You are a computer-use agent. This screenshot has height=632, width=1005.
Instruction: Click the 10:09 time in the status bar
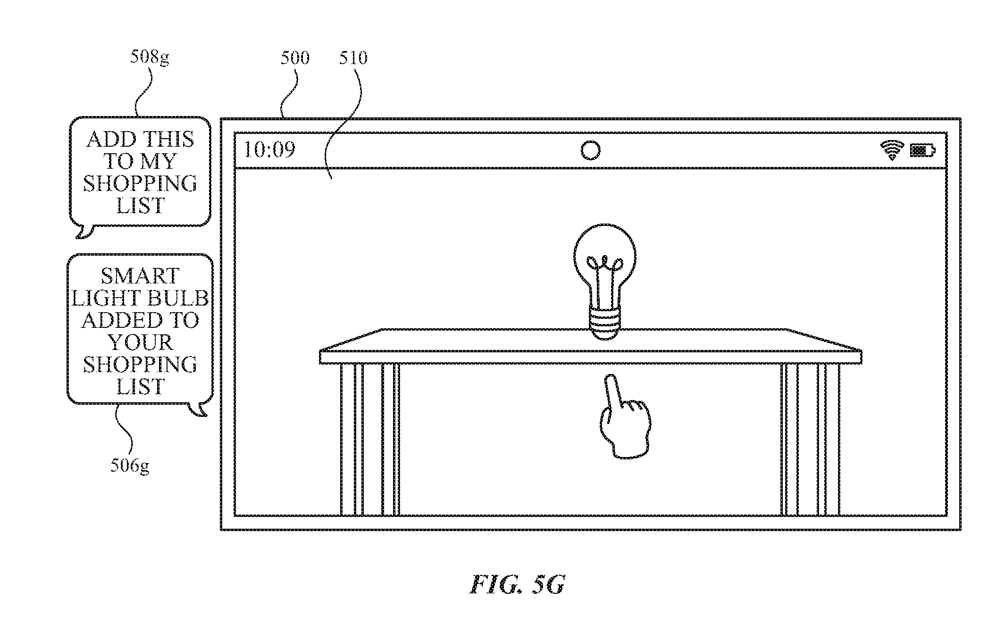pyautogui.click(x=269, y=150)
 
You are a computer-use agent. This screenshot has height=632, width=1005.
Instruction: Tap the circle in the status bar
pyautogui.click(x=590, y=150)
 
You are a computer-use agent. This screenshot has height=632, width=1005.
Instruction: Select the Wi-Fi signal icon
pyautogui.click(x=892, y=150)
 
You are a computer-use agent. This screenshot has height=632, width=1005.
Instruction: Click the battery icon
pyautogui.click(x=923, y=151)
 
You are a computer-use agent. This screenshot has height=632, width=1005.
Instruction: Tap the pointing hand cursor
pyautogui.click(x=624, y=416)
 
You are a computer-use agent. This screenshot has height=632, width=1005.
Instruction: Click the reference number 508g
pyautogui.click(x=150, y=57)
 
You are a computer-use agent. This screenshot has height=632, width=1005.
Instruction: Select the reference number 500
pyautogui.click(x=295, y=58)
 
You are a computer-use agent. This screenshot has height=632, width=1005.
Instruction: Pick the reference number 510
pyautogui.click(x=353, y=58)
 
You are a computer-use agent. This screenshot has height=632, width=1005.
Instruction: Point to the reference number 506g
pyautogui.click(x=130, y=466)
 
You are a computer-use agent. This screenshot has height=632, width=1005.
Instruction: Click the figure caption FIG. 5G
pyautogui.click(x=517, y=584)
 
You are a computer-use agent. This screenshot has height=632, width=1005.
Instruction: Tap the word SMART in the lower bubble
pyautogui.click(x=140, y=276)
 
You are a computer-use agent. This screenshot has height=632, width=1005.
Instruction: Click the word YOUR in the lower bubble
pyautogui.click(x=140, y=342)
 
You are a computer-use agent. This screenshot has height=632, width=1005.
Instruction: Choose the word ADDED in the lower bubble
pyautogui.click(x=119, y=320)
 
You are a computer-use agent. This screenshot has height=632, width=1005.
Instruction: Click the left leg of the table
pyautogui.click(x=369, y=440)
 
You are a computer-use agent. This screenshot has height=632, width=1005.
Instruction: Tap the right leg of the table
pyautogui.click(x=810, y=440)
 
